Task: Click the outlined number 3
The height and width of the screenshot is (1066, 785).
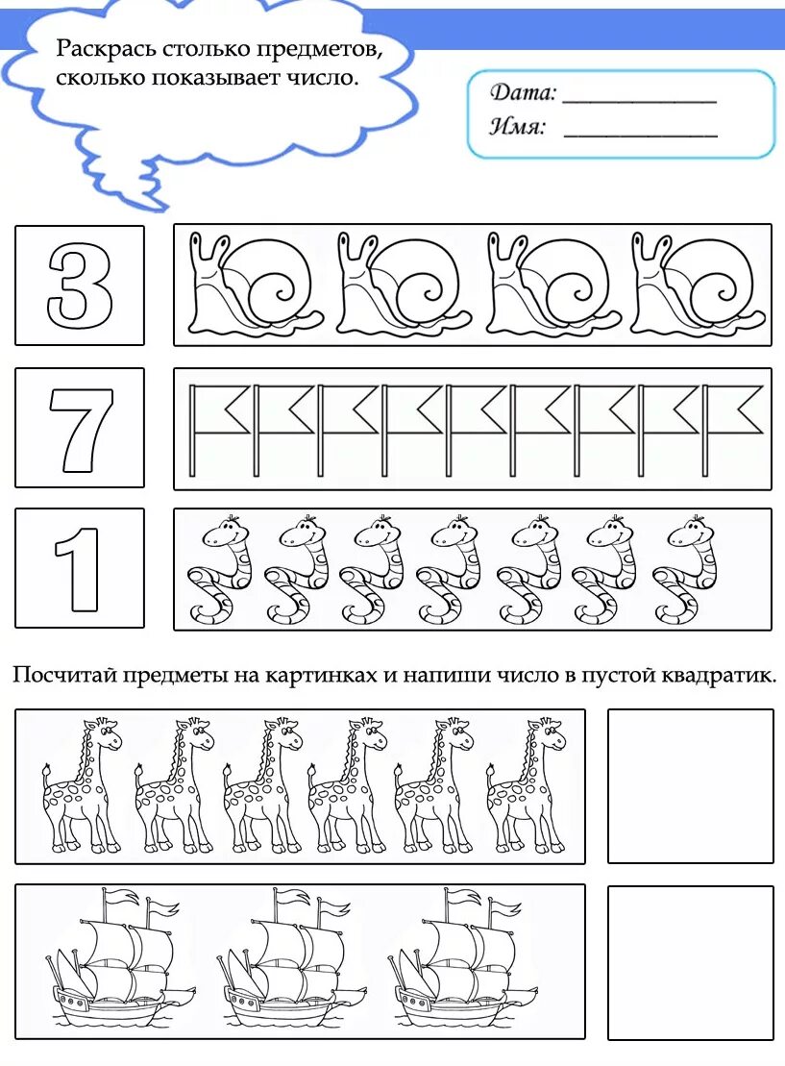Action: [80, 285]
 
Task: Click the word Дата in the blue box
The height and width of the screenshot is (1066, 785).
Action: [523, 93]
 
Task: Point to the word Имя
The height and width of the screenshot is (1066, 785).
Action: [518, 127]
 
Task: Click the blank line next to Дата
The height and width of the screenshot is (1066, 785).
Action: [639, 99]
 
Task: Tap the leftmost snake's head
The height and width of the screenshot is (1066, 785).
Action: [231, 530]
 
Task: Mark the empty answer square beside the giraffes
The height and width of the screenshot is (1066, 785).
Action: [690, 785]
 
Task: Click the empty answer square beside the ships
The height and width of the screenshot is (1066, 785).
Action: [690, 962]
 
